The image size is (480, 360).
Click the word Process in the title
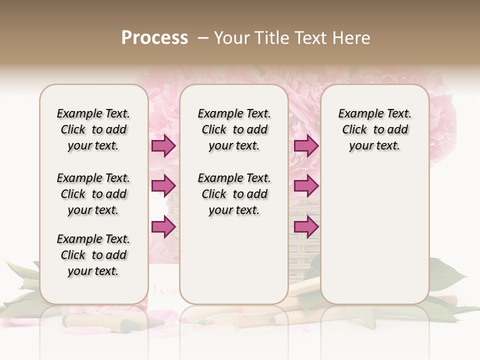pos(154,37)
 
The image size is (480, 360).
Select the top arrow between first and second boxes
pos(163,145)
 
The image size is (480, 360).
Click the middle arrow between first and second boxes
pos(163,186)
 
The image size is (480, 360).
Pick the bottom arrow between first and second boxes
pos(163,226)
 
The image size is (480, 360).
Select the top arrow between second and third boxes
pos(306,145)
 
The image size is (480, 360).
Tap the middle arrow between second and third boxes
pos(306,186)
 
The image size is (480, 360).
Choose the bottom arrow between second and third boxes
pos(306,226)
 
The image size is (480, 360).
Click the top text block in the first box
pos(93,129)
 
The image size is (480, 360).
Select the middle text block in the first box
pos(93,194)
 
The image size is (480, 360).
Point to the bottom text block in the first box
pos(93,255)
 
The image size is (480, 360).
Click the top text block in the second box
pos(234,129)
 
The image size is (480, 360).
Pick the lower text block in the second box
pos(234,194)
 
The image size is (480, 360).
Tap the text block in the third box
pos(374,129)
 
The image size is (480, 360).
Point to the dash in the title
pos(203,37)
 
